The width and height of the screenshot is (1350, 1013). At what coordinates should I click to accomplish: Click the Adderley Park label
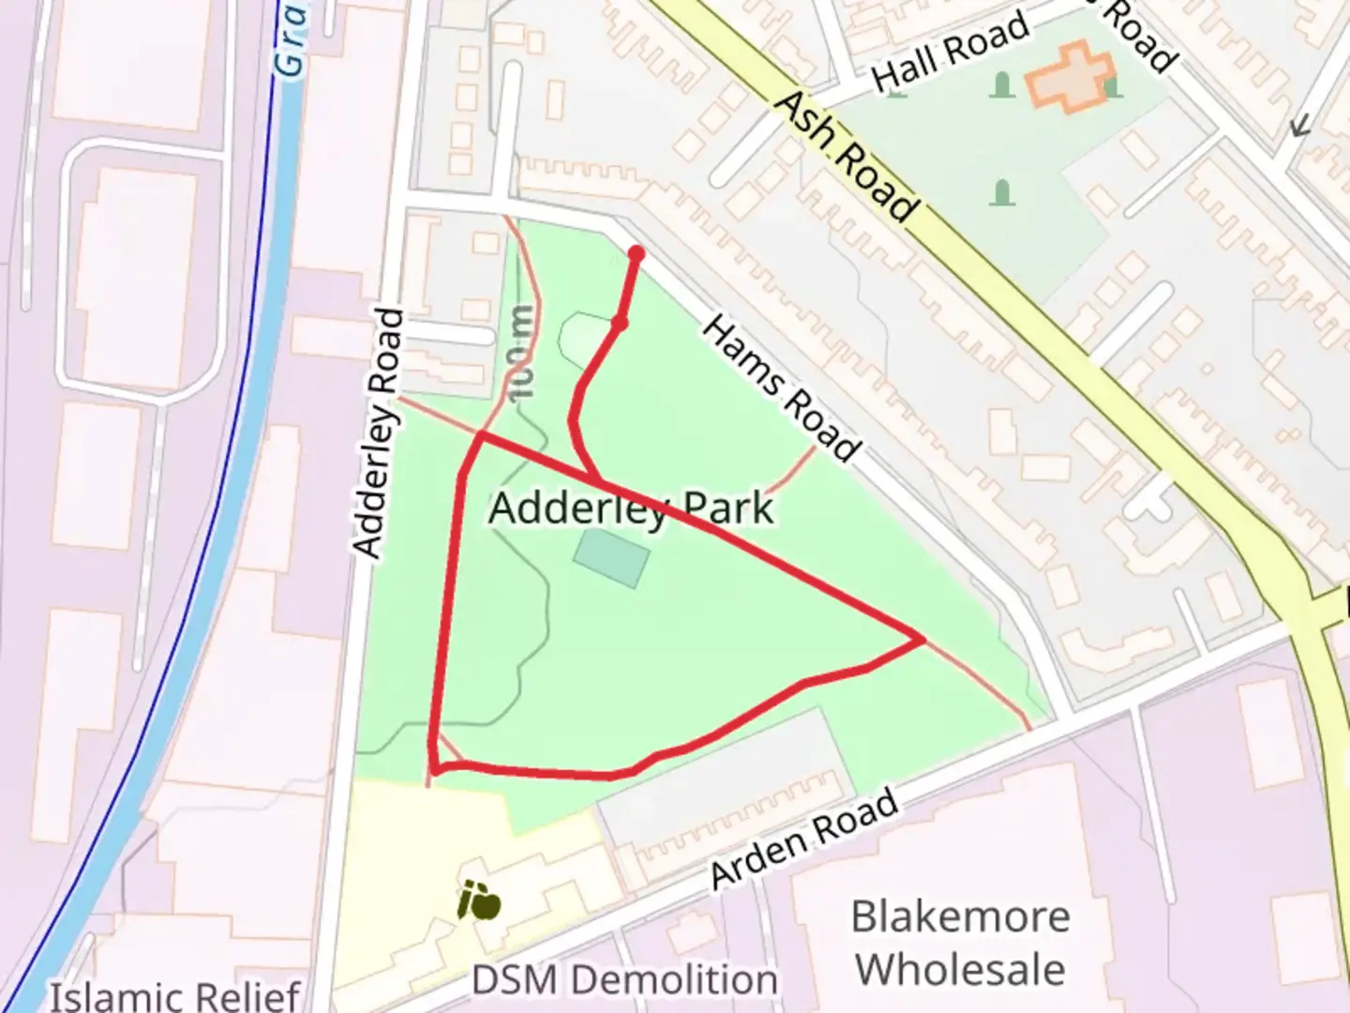[631, 509]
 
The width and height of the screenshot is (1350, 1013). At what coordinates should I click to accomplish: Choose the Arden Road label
[803, 839]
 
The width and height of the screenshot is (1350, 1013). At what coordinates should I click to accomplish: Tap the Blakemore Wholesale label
[960, 943]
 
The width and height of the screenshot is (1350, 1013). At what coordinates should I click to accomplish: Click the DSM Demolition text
[623, 980]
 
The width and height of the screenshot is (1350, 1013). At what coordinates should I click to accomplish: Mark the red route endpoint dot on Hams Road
[636, 253]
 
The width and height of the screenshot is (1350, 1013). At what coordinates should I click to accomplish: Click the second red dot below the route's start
[619, 324]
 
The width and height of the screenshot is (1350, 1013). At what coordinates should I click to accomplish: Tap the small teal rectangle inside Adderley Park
[611, 558]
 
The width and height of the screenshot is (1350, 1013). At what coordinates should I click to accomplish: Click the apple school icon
[479, 902]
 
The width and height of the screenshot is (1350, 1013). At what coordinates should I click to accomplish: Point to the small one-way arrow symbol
[1298, 126]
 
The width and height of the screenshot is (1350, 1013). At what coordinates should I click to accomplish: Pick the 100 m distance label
[521, 353]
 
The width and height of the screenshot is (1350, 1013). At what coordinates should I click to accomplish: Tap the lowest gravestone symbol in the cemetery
[1002, 194]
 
